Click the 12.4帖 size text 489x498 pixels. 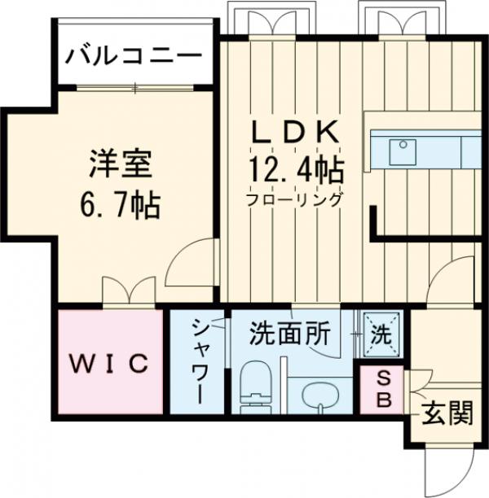[295, 170]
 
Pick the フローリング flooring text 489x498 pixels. [295, 199]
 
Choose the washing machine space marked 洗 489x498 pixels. [381, 333]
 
